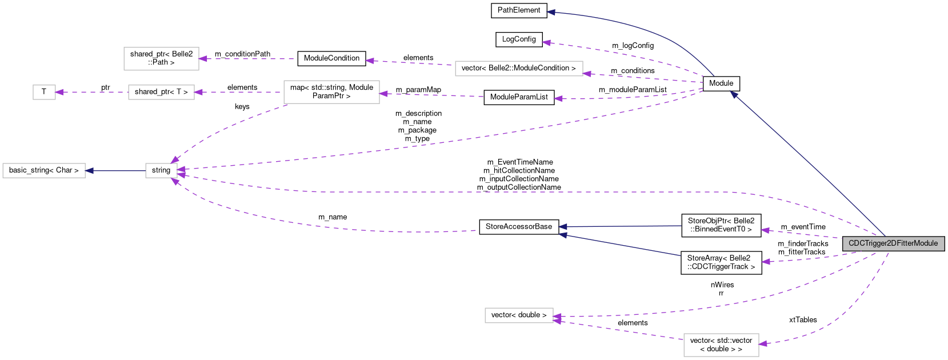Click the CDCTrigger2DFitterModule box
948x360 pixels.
pos(893,243)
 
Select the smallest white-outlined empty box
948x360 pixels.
pos(44,92)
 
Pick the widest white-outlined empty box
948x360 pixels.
pos(519,69)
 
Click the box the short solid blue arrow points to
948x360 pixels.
pos(44,170)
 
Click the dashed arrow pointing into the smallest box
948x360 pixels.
pos(91,92)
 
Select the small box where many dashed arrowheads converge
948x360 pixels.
pos(161,170)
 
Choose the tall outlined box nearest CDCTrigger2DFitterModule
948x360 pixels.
pos(721,345)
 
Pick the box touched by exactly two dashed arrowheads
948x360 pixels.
pos(519,315)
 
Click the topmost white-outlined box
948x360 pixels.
pos(161,59)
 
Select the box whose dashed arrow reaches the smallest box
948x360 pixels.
pos(161,92)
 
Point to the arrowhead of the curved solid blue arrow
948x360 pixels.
pos(550,12)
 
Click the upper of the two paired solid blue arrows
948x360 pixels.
pos(620,226)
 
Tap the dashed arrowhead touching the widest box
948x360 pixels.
pos(587,74)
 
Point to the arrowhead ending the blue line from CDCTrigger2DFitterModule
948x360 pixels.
pos(734,95)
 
